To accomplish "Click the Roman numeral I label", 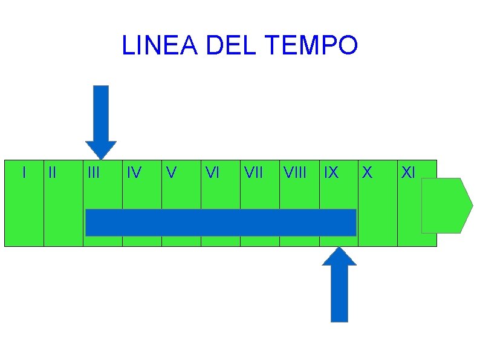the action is pos(24,173).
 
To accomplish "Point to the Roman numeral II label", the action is pos(52,173).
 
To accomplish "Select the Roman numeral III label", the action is pos(93,173).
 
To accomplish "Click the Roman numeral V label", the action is pos(172,173).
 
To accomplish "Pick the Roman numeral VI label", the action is pos(212,173).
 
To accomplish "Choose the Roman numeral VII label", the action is pos(253,173).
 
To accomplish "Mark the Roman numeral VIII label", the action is pos(294,173).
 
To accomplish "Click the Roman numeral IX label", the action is pos(331,173).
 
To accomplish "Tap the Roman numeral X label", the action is pos(366,173).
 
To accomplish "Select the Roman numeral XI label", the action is pos(408,173).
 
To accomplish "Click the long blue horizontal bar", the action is pos(221,222).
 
